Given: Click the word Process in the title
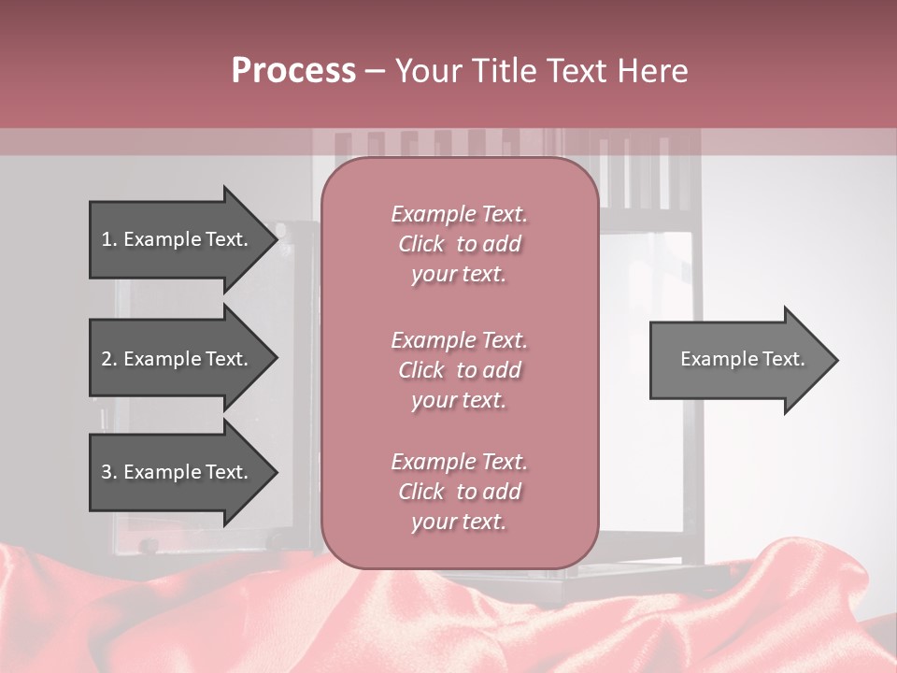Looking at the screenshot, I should click(x=293, y=71).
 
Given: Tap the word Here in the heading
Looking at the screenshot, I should click(x=650, y=71).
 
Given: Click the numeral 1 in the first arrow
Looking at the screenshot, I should click(x=106, y=239).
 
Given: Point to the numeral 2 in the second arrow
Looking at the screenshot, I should click(x=107, y=359).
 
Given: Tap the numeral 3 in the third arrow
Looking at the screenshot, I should click(x=107, y=472).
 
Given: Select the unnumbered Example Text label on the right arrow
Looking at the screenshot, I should click(x=742, y=359).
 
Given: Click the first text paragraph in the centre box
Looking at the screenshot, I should click(x=459, y=244).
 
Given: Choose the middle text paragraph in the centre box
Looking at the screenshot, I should click(x=459, y=370).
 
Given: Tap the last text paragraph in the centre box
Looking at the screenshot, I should click(x=459, y=492).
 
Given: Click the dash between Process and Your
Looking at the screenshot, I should click(x=375, y=71).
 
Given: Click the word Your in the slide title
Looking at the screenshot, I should click(x=427, y=71).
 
